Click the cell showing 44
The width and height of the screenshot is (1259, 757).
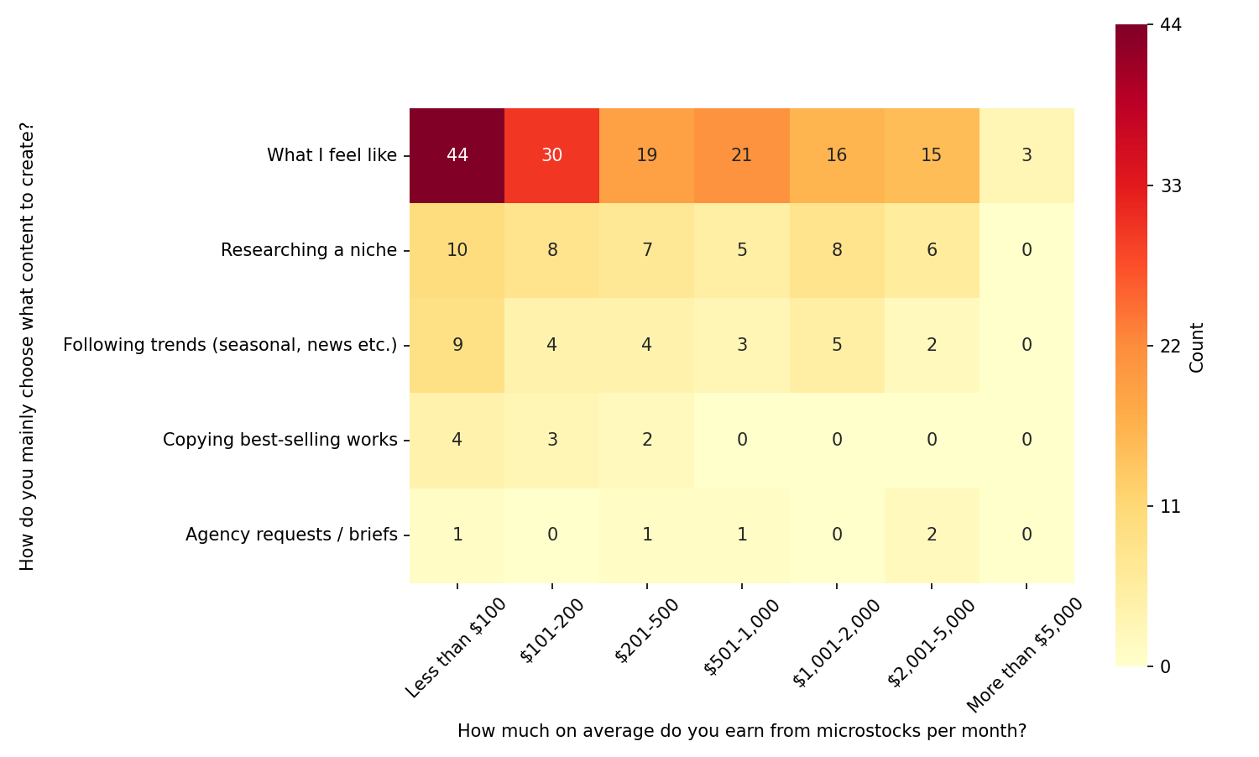click(x=457, y=155)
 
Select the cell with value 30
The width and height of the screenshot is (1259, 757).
click(x=551, y=155)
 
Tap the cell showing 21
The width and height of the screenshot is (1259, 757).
click(x=741, y=155)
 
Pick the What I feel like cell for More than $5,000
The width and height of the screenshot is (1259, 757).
click(x=1026, y=155)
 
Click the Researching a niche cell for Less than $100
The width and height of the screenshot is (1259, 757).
click(x=457, y=250)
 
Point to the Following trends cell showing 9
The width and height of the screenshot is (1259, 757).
click(x=457, y=345)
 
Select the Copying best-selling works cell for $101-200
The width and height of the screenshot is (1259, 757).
click(x=551, y=440)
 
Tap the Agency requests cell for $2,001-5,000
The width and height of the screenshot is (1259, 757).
click(x=931, y=535)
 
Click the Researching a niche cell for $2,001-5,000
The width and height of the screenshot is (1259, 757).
click(x=931, y=250)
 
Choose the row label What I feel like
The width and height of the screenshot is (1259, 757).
click(x=332, y=155)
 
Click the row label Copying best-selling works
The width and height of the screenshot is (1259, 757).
click(x=279, y=440)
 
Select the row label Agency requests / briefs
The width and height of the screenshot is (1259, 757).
click(x=291, y=535)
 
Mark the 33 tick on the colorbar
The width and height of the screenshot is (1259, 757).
click(x=1170, y=185)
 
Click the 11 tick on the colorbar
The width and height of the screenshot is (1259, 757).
click(x=1170, y=506)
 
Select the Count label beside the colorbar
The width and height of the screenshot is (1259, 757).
click(x=1198, y=347)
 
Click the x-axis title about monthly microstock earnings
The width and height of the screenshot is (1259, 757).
click(x=741, y=731)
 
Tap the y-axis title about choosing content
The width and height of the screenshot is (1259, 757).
click(x=28, y=346)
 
